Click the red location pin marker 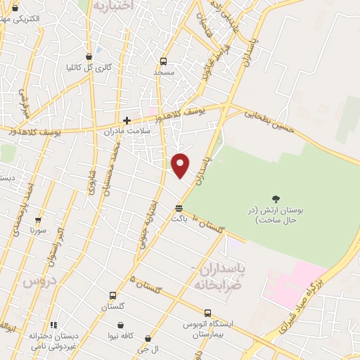click(x=181, y=165)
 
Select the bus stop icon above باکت click(x=179, y=208)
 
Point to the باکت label click(x=179, y=219)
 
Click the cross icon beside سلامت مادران click(x=127, y=120)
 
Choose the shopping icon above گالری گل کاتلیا click(x=89, y=56)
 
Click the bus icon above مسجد click(x=164, y=61)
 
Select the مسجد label click(x=164, y=72)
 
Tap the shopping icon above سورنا click(x=38, y=219)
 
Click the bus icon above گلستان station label click(x=112, y=295)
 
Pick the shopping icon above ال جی click(x=148, y=338)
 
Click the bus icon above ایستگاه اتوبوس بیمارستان click(x=207, y=313)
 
